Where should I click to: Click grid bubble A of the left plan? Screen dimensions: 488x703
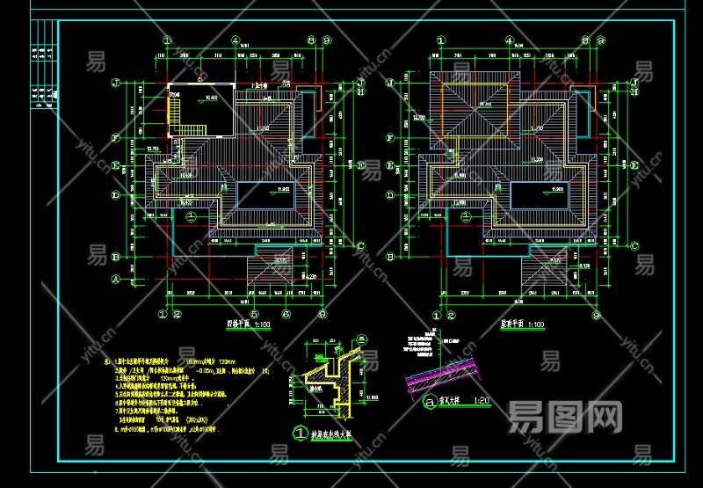coord(116,277)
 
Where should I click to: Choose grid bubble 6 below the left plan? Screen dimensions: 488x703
coord(323,314)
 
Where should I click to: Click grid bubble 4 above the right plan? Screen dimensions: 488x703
coord(509,40)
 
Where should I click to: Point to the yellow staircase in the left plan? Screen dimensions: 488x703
coord(177,112)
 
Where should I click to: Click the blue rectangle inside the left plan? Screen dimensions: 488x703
coord(265,194)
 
